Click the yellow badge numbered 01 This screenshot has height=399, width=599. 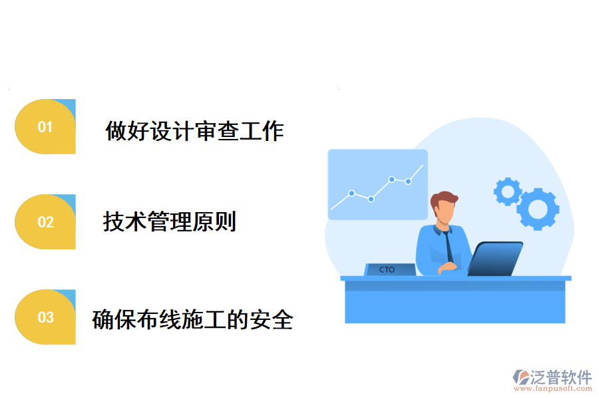click(45, 127)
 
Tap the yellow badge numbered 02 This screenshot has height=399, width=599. click(45, 222)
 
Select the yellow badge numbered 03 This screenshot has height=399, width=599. click(45, 317)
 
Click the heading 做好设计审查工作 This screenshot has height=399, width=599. click(194, 131)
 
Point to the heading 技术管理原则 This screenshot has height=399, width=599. click(170, 221)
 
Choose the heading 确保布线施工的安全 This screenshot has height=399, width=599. click(192, 320)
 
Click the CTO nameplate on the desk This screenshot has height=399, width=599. click(389, 269)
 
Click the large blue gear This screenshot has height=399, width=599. click(538, 209)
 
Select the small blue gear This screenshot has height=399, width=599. click(508, 192)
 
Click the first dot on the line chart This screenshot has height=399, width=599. click(351, 194)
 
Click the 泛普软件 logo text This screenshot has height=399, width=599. click(561, 377)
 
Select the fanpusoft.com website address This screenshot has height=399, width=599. click(558, 390)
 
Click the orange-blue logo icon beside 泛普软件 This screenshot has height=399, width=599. click(520, 378)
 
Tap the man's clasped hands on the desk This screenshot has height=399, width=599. click(447, 267)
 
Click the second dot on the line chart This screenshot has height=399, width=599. click(371, 199)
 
